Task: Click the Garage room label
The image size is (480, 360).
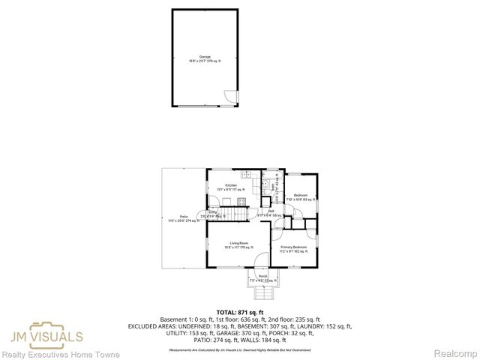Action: pyautogui.click(x=205, y=58)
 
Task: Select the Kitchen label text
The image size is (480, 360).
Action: pyautogui.click(x=231, y=187)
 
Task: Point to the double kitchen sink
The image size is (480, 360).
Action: pyautogui.click(x=266, y=185)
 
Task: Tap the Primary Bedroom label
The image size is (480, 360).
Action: pyautogui.click(x=293, y=249)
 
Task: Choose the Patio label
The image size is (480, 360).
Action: pyautogui.click(x=183, y=218)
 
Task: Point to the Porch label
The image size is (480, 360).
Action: pyautogui.click(x=262, y=277)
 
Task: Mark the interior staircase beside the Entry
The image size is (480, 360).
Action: pyautogui.click(x=238, y=214)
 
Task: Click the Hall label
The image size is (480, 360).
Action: pyautogui.click(x=269, y=213)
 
